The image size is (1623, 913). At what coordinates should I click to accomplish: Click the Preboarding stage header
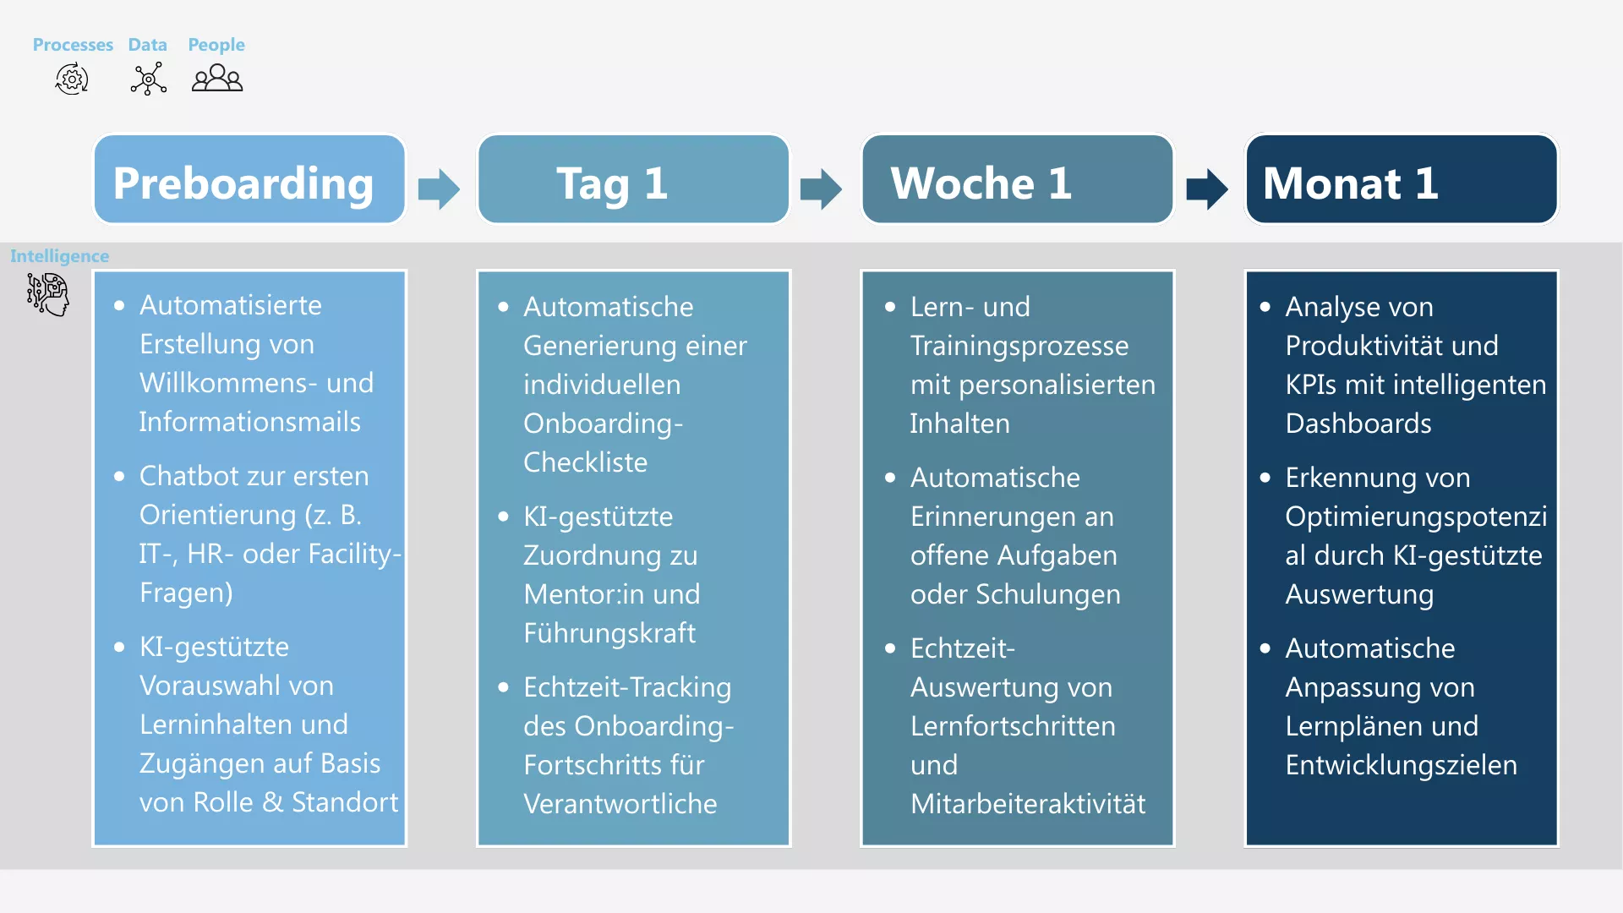(249, 180)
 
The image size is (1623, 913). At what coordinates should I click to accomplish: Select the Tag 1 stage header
(633, 180)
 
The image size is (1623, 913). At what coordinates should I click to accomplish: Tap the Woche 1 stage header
(1017, 180)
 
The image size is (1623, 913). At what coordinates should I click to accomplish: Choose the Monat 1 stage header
(1401, 180)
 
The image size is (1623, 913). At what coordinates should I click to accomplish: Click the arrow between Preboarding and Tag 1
(439, 189)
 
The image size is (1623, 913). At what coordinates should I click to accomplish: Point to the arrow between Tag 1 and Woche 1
(821, 189)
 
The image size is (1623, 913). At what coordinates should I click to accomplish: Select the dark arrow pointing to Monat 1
(1206, 189)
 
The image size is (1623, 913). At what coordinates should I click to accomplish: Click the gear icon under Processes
(72, 79)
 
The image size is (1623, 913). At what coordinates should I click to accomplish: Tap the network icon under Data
(148, 79)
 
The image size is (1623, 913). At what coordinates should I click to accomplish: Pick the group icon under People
(217, 79)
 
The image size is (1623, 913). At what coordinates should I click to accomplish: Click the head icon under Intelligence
(48, 294)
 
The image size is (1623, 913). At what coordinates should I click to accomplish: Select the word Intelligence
(59, 255)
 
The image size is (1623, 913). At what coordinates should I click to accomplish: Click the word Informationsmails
(249, 421)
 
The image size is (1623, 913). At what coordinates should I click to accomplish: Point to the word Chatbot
(189, 475)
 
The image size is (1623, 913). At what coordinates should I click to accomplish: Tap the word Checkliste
(585, 462)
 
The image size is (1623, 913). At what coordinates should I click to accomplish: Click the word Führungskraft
(609, 632)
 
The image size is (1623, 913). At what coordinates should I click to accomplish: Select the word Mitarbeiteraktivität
(1027, 803)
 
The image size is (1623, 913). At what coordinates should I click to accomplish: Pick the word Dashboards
(1358, 423)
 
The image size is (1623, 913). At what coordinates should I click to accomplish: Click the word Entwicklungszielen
(1401, 764)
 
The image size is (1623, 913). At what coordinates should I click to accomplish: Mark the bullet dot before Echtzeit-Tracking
(504, 687)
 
